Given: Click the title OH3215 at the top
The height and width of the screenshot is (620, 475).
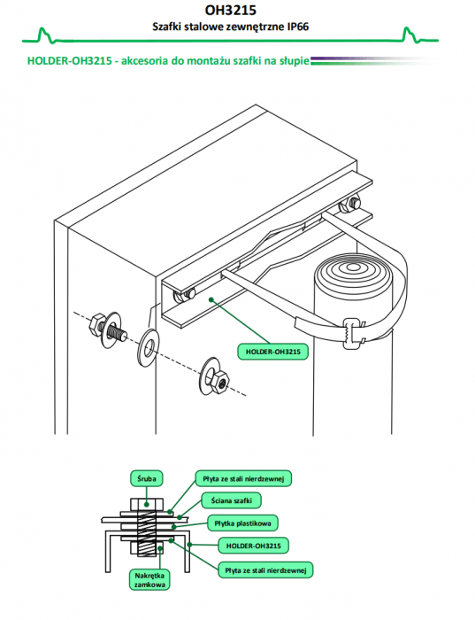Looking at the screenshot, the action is (x=230, y=10).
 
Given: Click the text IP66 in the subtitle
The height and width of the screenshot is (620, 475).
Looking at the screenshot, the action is (x=298, y=27).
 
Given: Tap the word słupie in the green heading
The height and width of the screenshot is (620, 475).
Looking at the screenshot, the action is (x=294, y=61).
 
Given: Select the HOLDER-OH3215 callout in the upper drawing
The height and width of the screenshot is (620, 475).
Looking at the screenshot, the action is (x=272, y=352).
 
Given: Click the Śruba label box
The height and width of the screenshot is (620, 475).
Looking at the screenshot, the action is (x=147, y=479).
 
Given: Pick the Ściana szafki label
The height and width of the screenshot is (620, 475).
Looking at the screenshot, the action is (x=232, y=500).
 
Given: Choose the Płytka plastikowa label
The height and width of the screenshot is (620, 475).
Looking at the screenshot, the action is (x=242, y=523).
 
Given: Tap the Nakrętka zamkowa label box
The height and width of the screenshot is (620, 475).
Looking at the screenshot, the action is (x=149, y=580).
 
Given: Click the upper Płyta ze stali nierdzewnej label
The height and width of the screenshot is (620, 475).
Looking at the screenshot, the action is (x=243, y=479).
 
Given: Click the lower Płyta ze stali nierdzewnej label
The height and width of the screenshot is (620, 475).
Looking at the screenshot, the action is (x=265, y=570).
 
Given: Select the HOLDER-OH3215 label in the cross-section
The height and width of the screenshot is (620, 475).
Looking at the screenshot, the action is (x=254, y=546).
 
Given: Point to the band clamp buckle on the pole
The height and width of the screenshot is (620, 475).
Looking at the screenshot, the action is (x=353, y=333).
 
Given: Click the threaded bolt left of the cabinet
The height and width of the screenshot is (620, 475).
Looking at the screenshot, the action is (x=108, y=329).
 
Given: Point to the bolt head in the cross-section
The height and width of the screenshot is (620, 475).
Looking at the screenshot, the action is (x=147, y=504).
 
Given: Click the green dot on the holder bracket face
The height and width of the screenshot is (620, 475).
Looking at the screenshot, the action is (x=211, y=299).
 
